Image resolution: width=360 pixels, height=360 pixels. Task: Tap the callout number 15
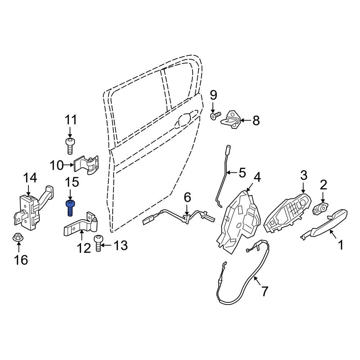pos(72,182)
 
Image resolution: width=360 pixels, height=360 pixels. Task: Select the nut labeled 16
pos(17,237)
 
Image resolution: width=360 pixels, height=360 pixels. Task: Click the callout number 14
pos(30,178)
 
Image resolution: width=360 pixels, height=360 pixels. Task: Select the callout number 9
pos(213,95)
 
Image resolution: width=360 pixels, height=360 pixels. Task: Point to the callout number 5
pos(242,173)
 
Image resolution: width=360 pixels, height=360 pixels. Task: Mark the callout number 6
pos(187,197)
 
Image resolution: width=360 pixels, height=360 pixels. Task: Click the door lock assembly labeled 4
pos(239,220)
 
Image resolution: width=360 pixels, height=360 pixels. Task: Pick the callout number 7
pos(265,291)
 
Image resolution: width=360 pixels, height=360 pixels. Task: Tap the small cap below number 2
pos(320,208)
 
